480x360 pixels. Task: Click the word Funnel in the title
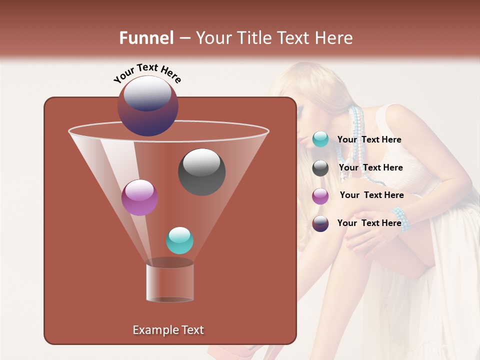coord(146,38)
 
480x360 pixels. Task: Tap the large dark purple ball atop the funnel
coord(147,106)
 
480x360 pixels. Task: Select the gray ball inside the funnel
coord(201,172)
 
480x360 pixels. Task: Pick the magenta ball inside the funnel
coord(139,197)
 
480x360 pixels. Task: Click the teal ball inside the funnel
coord(179,240)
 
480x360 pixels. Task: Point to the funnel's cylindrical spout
coord(169,282)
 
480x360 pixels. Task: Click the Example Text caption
coord(168,330)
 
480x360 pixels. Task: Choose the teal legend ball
coord(320,139)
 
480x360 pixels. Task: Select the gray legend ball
coord(320,168)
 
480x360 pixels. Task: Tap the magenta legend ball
coord(320,196)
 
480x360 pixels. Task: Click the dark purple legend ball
coord(320,223)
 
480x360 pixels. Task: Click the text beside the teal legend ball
coord(369,139)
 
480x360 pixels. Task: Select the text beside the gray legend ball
coord(370,167)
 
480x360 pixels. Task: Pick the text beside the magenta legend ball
coord(371,195)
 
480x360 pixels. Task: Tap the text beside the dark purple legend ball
coord(369,223)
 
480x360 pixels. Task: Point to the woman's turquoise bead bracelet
coord(401,219)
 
